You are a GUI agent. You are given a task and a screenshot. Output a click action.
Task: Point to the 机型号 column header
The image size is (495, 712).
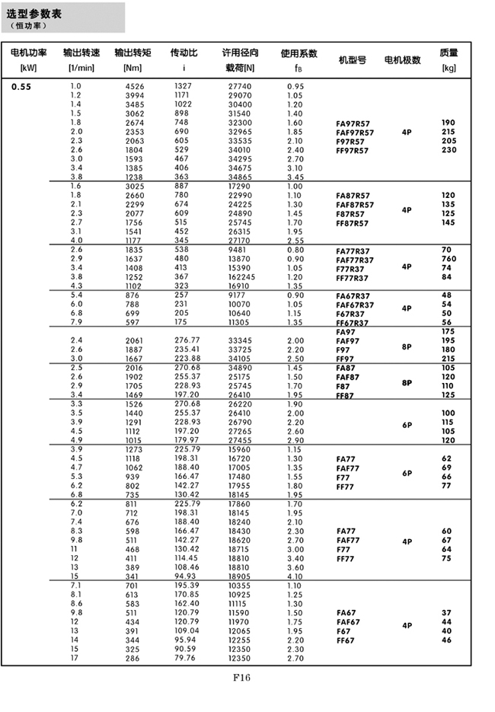tap(352, 59)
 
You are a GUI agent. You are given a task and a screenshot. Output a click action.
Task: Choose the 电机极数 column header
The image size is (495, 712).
tap(403, 59)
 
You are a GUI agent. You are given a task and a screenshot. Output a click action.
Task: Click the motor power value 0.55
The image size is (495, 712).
tap(21, 87)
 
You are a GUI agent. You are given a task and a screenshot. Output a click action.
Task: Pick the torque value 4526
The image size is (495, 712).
tap(134, 87)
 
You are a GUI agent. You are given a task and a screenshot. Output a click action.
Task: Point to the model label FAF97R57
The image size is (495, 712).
tap(355, 133)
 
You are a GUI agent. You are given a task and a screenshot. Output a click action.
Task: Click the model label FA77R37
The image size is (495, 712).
tap(353, 251)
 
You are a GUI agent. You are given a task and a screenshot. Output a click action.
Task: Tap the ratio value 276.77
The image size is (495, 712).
tap(187, 340)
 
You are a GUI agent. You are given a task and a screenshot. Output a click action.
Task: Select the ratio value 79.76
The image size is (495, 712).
tap(187, 658)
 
